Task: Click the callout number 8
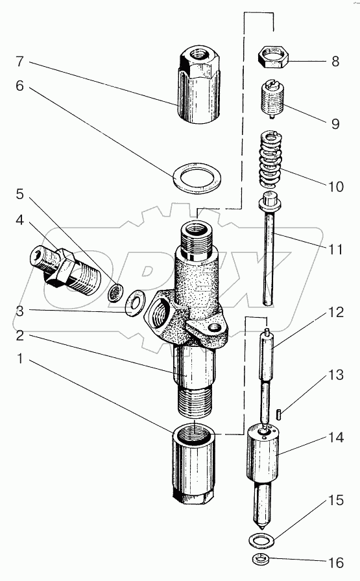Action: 335,61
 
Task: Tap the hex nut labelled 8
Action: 274,57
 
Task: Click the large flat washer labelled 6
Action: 198,178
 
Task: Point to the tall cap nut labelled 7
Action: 198,87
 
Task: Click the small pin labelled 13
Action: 279,414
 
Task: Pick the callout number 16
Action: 336,563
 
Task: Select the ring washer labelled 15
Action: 261,540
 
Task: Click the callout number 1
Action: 20,359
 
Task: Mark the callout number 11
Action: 335,249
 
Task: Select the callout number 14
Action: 335,437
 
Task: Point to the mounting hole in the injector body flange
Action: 214,328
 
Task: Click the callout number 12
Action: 335,313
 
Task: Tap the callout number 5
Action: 20,194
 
